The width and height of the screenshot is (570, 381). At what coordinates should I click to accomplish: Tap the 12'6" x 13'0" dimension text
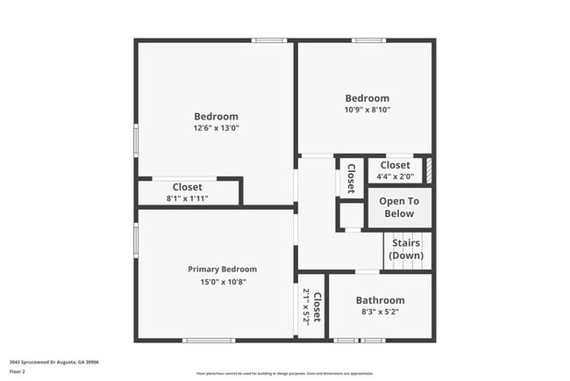216,128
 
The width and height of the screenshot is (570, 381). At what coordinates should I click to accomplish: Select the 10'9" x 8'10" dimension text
367,110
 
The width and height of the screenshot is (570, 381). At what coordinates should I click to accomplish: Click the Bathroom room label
380,300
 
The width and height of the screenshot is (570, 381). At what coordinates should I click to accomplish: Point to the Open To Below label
398,207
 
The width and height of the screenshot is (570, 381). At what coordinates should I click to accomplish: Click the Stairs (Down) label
406,248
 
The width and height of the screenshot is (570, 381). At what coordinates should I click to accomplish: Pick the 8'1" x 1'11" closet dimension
188,198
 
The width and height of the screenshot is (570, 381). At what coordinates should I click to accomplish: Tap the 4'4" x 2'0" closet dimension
395,176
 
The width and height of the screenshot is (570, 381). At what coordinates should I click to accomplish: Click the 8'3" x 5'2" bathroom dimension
380,313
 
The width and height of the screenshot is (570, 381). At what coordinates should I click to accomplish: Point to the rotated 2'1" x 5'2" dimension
306,306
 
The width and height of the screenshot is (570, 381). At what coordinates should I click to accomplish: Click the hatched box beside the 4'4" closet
429,170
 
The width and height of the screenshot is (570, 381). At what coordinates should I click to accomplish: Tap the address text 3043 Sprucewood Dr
53,362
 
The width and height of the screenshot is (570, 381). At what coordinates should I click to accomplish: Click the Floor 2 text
18,371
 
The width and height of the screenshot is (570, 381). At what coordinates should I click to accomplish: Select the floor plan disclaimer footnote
284,373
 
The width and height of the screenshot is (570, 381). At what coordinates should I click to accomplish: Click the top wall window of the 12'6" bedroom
269,40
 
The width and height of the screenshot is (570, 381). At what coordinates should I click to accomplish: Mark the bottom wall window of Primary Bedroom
208,341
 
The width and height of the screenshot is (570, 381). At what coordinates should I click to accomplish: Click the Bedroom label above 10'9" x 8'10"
367,98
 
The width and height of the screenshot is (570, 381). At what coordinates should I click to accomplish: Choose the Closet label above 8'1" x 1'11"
188,187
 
